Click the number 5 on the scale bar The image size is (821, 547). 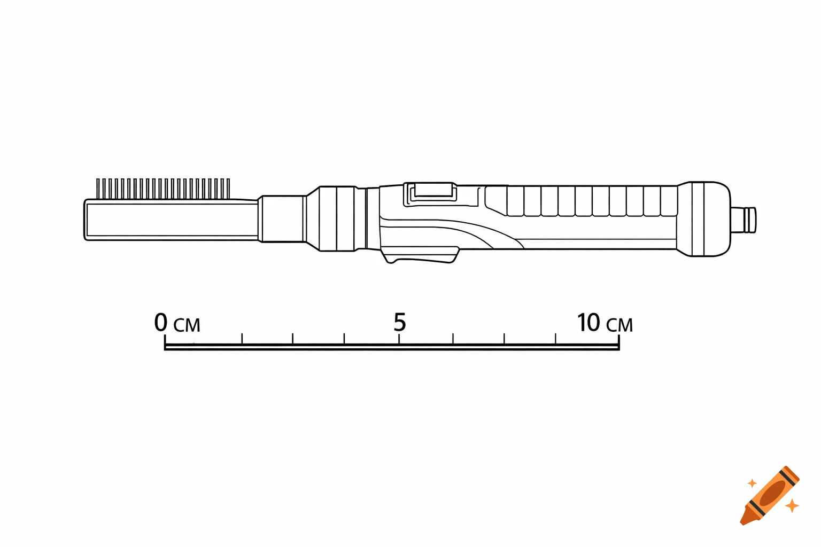(400, 322)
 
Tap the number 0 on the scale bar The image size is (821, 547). (161, 323)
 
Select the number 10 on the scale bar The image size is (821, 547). (588, 323)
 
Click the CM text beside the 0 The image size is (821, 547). (187, 325)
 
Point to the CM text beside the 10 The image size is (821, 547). (619, 325)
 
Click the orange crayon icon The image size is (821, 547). (770, 495)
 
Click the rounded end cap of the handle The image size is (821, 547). (706, 219)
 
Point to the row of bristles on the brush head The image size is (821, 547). (163, 189)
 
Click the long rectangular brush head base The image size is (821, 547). (171, 220)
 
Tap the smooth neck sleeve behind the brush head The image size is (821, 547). (283, 219)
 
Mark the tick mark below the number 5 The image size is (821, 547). (400, 340)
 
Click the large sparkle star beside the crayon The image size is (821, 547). (792, 505)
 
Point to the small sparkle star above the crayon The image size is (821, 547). (752, 483)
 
